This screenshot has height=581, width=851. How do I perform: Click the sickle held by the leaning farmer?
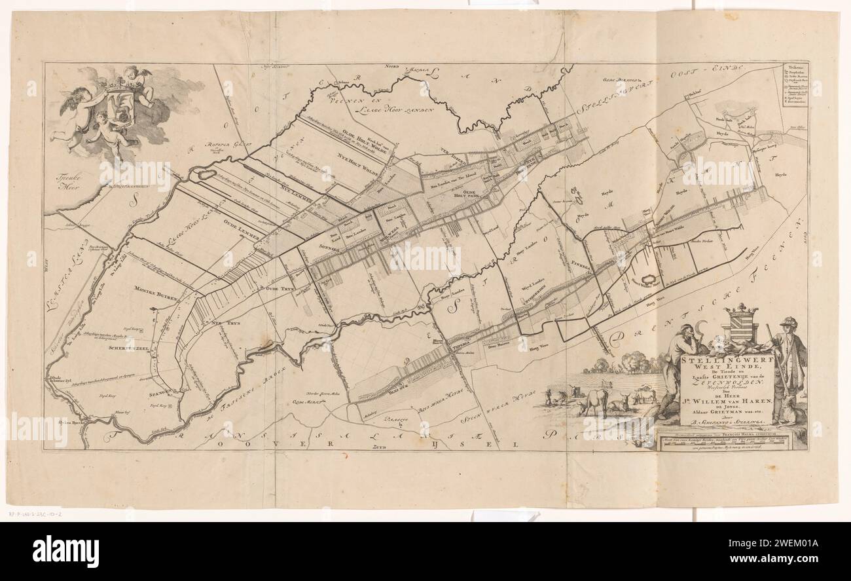[704, 325]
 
